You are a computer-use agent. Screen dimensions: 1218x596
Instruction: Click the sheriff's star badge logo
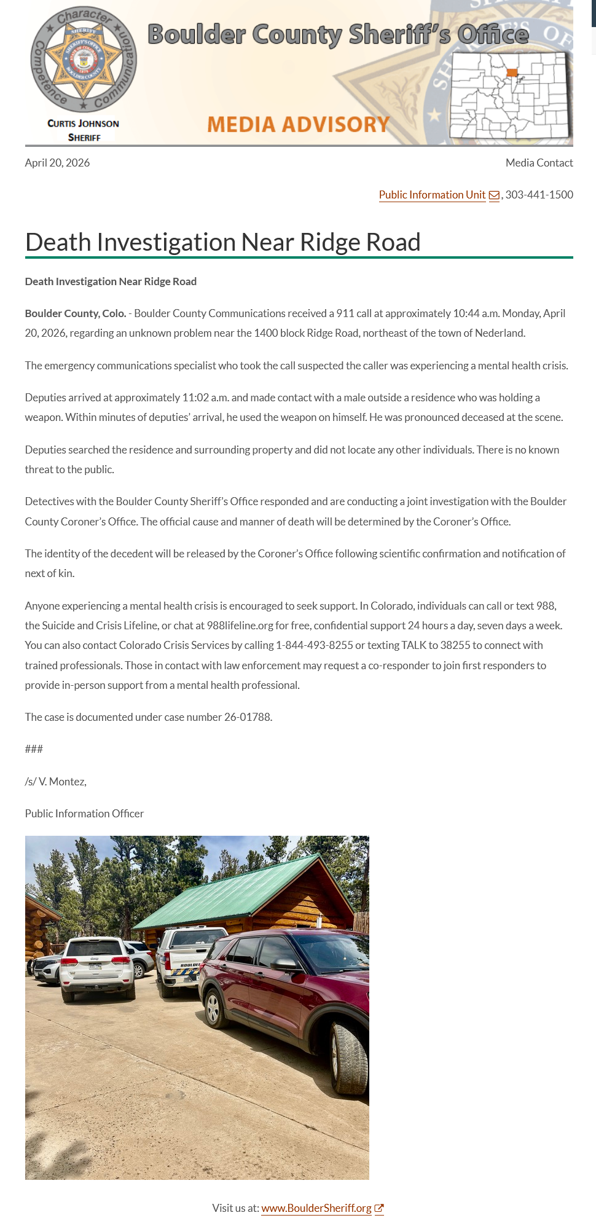84,60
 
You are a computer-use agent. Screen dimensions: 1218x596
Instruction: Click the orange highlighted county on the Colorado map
512,73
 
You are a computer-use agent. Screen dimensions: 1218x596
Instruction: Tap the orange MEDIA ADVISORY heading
299,125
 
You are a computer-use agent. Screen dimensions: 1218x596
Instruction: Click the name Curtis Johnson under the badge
84,124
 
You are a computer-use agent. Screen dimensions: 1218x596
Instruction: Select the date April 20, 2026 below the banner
57,163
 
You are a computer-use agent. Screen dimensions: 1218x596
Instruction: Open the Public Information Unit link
432,195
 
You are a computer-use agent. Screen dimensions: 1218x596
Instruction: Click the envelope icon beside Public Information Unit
494,195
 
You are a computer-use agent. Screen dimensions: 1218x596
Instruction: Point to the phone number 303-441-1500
539,195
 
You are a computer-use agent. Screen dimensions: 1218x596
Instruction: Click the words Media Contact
539,163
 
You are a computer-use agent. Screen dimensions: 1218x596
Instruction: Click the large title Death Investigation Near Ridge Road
222,242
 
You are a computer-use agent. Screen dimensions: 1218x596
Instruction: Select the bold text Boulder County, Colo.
75,313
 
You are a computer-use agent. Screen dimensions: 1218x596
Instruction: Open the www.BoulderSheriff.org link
316,1208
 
